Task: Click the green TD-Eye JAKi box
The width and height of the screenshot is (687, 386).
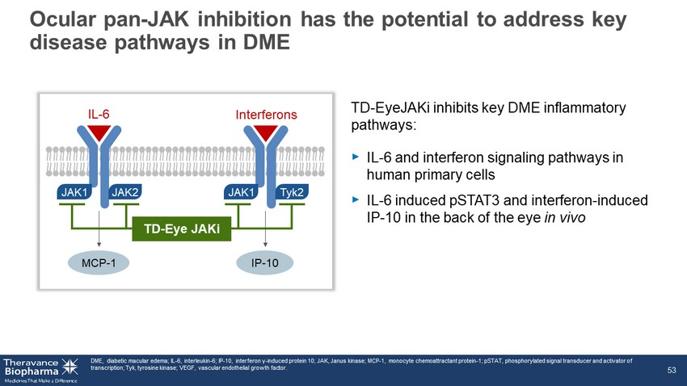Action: coord(182,229)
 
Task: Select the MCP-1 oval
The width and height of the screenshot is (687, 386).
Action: coord(99,263)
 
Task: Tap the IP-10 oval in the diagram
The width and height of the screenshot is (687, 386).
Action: coord(264,263)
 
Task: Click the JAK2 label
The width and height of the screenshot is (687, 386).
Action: coord(125,192)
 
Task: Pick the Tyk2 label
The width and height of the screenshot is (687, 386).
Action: coord(292,192)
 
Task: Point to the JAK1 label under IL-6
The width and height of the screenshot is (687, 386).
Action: coord(74,192)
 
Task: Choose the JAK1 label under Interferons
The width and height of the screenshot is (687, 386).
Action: coord(241,192)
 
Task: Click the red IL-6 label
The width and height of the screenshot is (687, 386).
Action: coord(99,115)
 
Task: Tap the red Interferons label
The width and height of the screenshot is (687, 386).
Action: coord(266,115)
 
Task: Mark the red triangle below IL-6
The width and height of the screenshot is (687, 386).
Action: coord(99,132)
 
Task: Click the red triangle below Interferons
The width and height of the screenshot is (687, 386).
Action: coord(266,132)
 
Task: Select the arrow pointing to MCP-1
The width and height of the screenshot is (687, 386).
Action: coord(99,229)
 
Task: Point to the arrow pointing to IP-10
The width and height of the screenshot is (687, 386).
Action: coord(265,229)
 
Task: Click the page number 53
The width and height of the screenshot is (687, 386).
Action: coord(672,370)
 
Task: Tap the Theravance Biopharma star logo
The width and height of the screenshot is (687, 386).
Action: coord(70,367)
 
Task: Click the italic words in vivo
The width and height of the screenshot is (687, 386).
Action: coord(565,217)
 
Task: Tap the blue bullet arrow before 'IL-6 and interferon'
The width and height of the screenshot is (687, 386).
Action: coord(356,157)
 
